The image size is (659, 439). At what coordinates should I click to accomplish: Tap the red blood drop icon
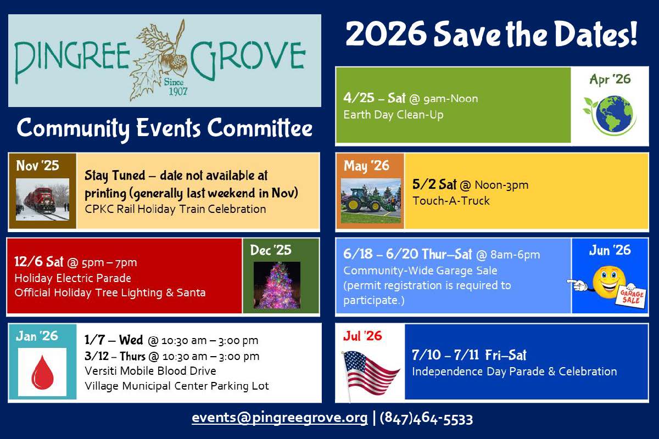click(x=42, y=372)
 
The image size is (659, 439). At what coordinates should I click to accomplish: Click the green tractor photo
click(x=371, y=200)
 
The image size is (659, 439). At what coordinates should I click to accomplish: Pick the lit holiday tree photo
click(x=277, y=285)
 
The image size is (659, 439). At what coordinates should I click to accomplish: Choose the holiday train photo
click(x=43, y=199)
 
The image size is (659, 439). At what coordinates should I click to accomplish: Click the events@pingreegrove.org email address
click(x=280, y=418)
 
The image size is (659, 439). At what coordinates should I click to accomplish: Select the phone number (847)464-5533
click(x=426, y=418)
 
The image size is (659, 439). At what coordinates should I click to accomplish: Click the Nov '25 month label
click(x=37, y=165)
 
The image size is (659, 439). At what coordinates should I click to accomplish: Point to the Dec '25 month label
click(x=271, y=250)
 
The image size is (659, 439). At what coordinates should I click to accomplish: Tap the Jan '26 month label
click(x=37, y=336)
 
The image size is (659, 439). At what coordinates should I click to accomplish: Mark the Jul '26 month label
click(x=362, y=336)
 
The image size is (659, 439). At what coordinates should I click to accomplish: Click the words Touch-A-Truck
click(x=451, y=200)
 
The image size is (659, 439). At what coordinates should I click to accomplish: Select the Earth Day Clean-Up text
click(x=393, y=115)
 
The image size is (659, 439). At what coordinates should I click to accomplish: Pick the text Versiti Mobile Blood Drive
click(x=150, y=371)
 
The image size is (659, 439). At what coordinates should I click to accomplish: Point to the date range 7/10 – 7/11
click(x=445, y=355)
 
